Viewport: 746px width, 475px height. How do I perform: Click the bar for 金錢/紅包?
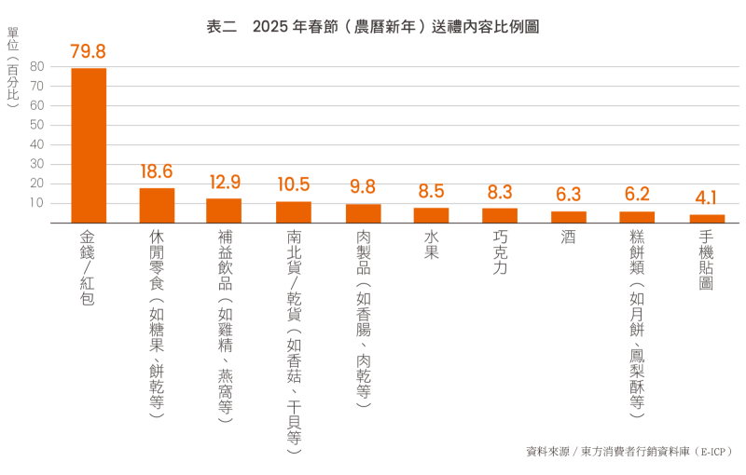point(89,145)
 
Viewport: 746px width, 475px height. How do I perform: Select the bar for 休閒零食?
point(157,205)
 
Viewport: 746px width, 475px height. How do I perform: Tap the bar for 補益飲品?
point(224,210)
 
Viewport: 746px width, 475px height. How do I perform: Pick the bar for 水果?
point(431,215)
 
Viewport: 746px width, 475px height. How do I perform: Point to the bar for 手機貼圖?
point(707,219)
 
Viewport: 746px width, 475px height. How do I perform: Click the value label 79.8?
point(89,51)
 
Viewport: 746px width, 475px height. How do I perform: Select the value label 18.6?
point(157,171)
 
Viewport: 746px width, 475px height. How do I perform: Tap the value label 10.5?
point(293,184)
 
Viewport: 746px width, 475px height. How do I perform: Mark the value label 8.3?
point(500,192)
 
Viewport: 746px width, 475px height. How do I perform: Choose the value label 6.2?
point(637,195)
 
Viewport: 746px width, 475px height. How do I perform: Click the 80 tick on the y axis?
point(37,66)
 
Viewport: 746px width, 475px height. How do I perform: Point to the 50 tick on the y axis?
point(37,125)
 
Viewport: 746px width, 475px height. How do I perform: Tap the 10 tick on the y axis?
point(37,203)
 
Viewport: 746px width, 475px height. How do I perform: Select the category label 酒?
point(568,237)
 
